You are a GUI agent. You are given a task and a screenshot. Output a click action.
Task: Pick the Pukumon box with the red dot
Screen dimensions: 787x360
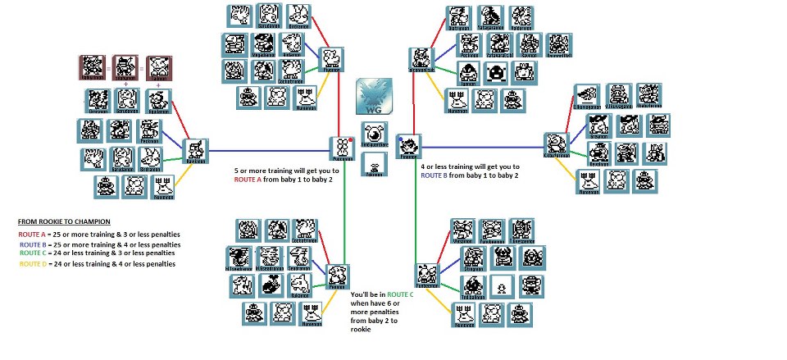click(x=341, y=146)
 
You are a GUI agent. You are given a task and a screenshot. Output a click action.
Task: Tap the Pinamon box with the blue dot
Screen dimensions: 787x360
click(x=407, y=145)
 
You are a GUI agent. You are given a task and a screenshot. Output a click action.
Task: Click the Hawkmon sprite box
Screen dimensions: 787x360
click(x=196, y=148)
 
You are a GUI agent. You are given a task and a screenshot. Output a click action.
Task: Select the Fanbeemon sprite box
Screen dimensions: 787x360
click(x=426, y=274)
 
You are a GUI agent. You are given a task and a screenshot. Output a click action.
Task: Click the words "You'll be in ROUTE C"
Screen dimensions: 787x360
click(x=381, y=293)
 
